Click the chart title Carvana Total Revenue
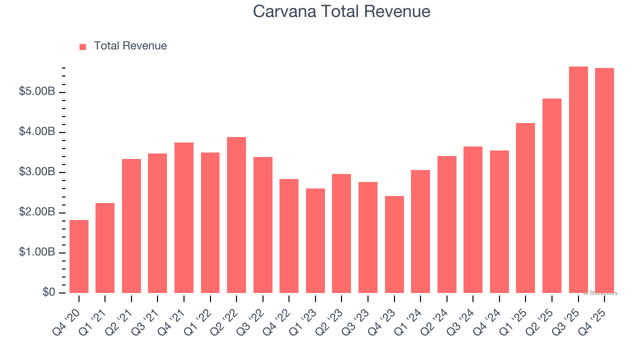tap(341, 11)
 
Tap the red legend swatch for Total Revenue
tap(83, 46)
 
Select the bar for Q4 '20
tap(79, 256)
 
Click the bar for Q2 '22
tap(236, 215)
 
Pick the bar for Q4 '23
tap(394, 244)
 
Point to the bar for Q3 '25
tap(578, 180)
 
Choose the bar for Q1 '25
tap(525, 208)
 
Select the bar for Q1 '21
tap(105, 248)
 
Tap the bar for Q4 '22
tap(289, 236)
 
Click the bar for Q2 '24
tap(446, 224)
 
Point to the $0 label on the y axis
tap(48, 292)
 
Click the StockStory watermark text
tap(600, 293)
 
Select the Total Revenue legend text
tap(130, 46)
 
